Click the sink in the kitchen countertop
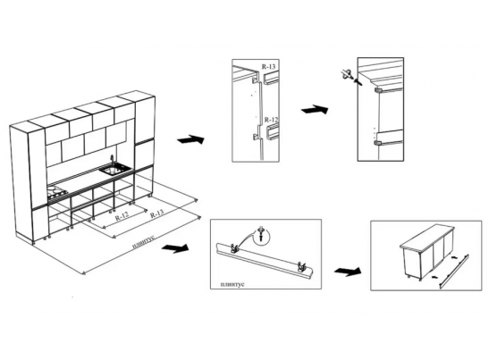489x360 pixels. point(115,170)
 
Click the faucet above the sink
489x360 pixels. point(112,161)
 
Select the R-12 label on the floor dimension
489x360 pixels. point(122,215)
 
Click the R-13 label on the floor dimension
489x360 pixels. point(156,214)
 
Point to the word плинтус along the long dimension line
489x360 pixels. point(143,242)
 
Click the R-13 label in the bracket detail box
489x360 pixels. point(268,66)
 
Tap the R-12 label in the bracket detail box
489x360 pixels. point(272,120)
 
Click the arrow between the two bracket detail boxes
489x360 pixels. point(315,110)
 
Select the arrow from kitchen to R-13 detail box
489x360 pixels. point(190,139)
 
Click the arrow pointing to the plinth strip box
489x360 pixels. point(175,247)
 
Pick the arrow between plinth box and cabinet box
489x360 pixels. point(348,272)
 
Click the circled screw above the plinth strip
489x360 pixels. point(262,235)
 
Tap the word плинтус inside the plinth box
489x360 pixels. point(232,284)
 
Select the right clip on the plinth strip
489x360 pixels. point(301,267)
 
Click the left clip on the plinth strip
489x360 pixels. point(233,247)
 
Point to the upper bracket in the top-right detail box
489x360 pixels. point(378,90)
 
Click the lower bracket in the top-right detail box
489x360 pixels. point(378,143)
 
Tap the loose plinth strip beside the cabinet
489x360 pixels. point(454,272)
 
